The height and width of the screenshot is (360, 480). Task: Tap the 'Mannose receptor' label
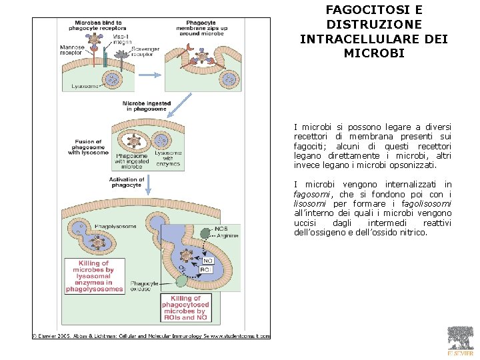point(72,51)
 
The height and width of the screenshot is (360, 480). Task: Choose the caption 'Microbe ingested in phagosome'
point(146,107)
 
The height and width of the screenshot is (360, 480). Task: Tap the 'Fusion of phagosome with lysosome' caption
point(88,147)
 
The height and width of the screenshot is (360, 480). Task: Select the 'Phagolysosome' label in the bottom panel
point(115,227)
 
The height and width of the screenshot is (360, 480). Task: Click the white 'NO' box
point(207,261)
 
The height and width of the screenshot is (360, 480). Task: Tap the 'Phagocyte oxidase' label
point(144,287)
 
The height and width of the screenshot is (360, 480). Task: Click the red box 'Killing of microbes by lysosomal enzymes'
point(94,277)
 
